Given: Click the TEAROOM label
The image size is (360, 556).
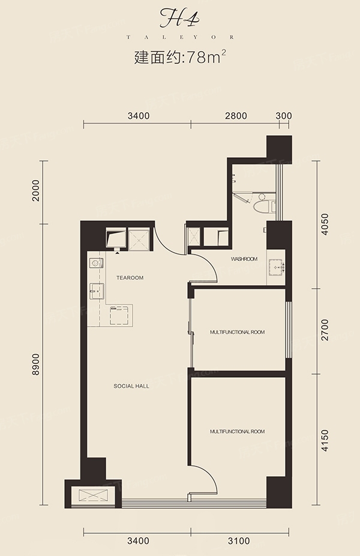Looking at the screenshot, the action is point(130,277).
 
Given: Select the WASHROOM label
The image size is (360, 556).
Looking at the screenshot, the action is point(244,259).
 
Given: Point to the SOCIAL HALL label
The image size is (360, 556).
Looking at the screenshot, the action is point(131,386).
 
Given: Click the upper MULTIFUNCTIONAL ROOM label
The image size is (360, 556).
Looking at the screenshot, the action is point(238,332).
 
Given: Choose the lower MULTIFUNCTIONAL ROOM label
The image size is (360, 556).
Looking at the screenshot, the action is point(238,432).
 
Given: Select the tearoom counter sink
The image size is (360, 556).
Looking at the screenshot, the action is point(97,291).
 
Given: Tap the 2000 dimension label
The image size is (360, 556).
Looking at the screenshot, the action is point(35,191).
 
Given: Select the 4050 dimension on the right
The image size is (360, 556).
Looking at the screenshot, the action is point(325,225).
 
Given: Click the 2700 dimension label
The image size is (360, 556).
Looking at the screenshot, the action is point(325,330).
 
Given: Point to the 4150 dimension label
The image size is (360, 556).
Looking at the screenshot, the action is point(325,440).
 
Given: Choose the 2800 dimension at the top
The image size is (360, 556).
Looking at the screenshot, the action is point(236,116).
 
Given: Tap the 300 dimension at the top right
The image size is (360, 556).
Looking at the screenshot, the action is point(284,116).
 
